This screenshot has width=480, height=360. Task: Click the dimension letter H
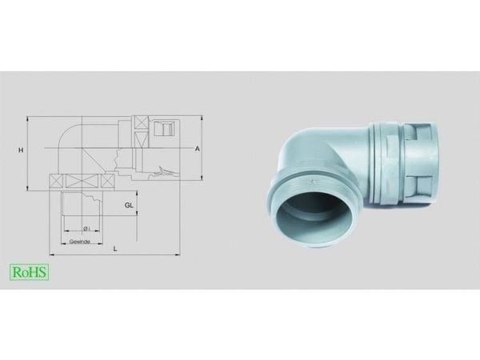21,150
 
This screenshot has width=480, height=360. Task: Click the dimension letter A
198,149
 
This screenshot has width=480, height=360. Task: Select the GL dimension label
129,205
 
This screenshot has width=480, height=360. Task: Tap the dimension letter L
115,249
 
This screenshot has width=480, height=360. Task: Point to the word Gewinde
79,242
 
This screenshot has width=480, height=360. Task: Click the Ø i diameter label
86,228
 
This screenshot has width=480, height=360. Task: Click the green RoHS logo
30,272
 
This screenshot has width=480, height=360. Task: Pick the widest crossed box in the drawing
83,182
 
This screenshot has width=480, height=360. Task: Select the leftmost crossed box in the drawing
56,182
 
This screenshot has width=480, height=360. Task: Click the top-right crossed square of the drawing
141,122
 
